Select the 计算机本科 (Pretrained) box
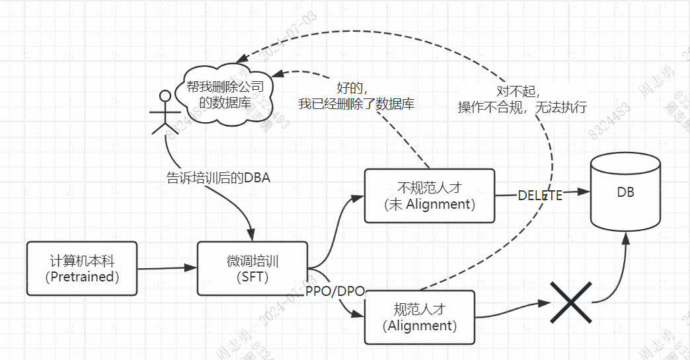point(83,268)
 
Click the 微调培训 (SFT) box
point(252,268)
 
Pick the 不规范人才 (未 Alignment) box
point(430,196)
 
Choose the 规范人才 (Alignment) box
point(420,317)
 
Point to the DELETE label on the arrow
point(540,196)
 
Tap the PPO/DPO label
point(335,291)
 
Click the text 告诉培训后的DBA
point(217,177)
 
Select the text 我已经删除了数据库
point(356,104)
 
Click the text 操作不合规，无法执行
point(522,108)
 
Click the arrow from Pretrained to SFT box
point(167,268)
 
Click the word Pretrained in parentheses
point(83,277)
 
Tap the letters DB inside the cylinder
point(625,192)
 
